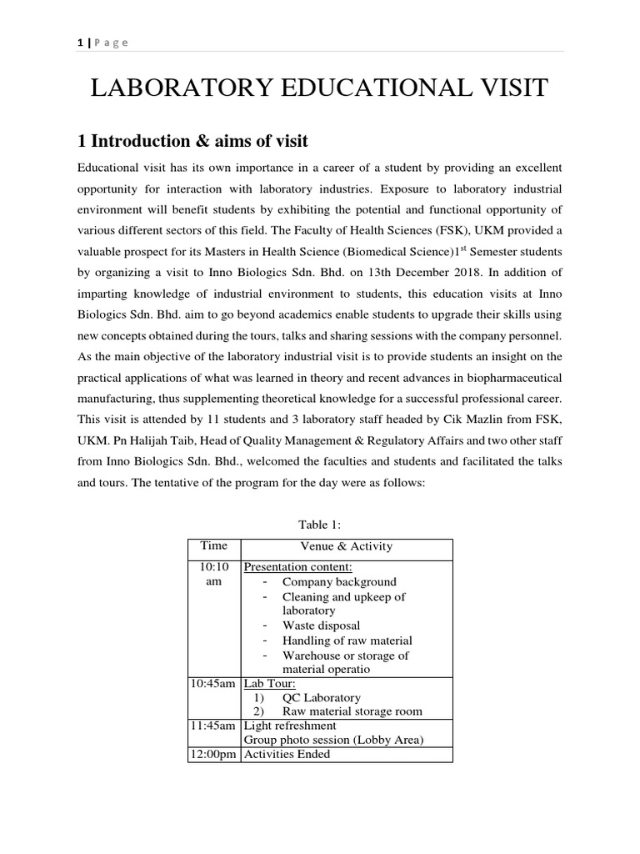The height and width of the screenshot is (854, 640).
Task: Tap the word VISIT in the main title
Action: click(507, 88)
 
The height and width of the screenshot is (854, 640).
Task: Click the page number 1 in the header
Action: click(79, 43)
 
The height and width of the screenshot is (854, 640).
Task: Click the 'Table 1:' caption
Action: click(320, 524)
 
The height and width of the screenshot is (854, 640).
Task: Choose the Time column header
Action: click(213, 546)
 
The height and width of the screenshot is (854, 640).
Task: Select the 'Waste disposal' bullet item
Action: click(322, 625)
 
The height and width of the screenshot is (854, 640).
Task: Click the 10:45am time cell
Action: click(213, 684)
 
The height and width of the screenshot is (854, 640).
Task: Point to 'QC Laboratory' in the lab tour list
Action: click(322, 698)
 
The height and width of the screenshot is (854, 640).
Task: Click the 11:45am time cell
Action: click(213, 726)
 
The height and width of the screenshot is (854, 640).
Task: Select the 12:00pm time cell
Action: click(213, 755)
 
